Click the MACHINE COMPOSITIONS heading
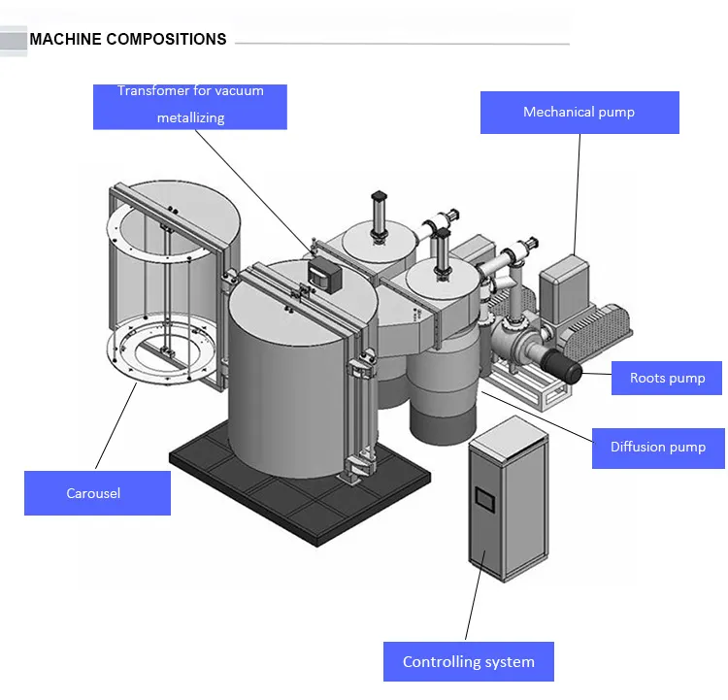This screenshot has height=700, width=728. pyautogui.click(x=128, y=40)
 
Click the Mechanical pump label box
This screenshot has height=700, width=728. pyautogui.click(x=579, y=113)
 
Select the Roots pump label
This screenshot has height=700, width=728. pyautogui.click(x=668, y=378)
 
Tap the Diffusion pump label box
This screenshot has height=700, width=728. pyautogui.click(x=658, y=447)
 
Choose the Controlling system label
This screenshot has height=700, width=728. pyautogui.click(x=469, y=662)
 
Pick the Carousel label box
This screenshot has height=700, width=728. pyautogui.click(x=97, y=493)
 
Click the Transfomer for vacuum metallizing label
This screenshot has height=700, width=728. pyautogui.click(x=190, y=106)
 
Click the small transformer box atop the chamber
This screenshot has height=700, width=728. pyautogui.click(x=323, y=273)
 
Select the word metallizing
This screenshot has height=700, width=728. pyautogui.click(x=190, y=117)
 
